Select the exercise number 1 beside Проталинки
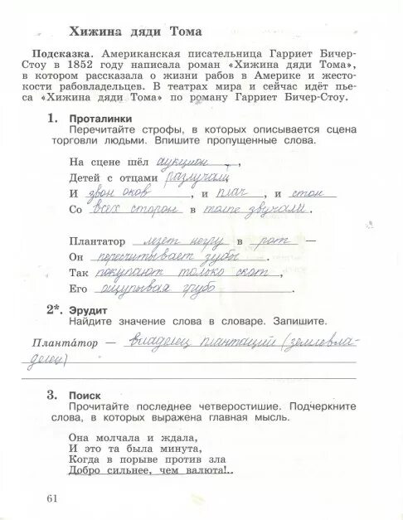tap(52, 119)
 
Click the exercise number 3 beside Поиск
tap(51, 395)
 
